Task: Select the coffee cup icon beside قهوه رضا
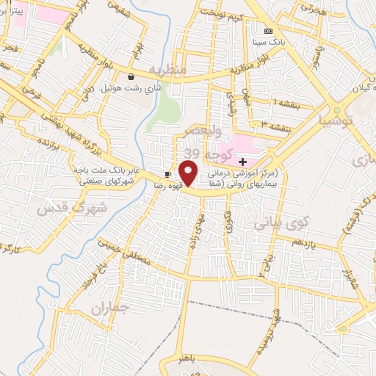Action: [x=168, y=174]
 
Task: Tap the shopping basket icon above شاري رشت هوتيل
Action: [x=131, y=76]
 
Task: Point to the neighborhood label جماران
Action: [x=110, y=308]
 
